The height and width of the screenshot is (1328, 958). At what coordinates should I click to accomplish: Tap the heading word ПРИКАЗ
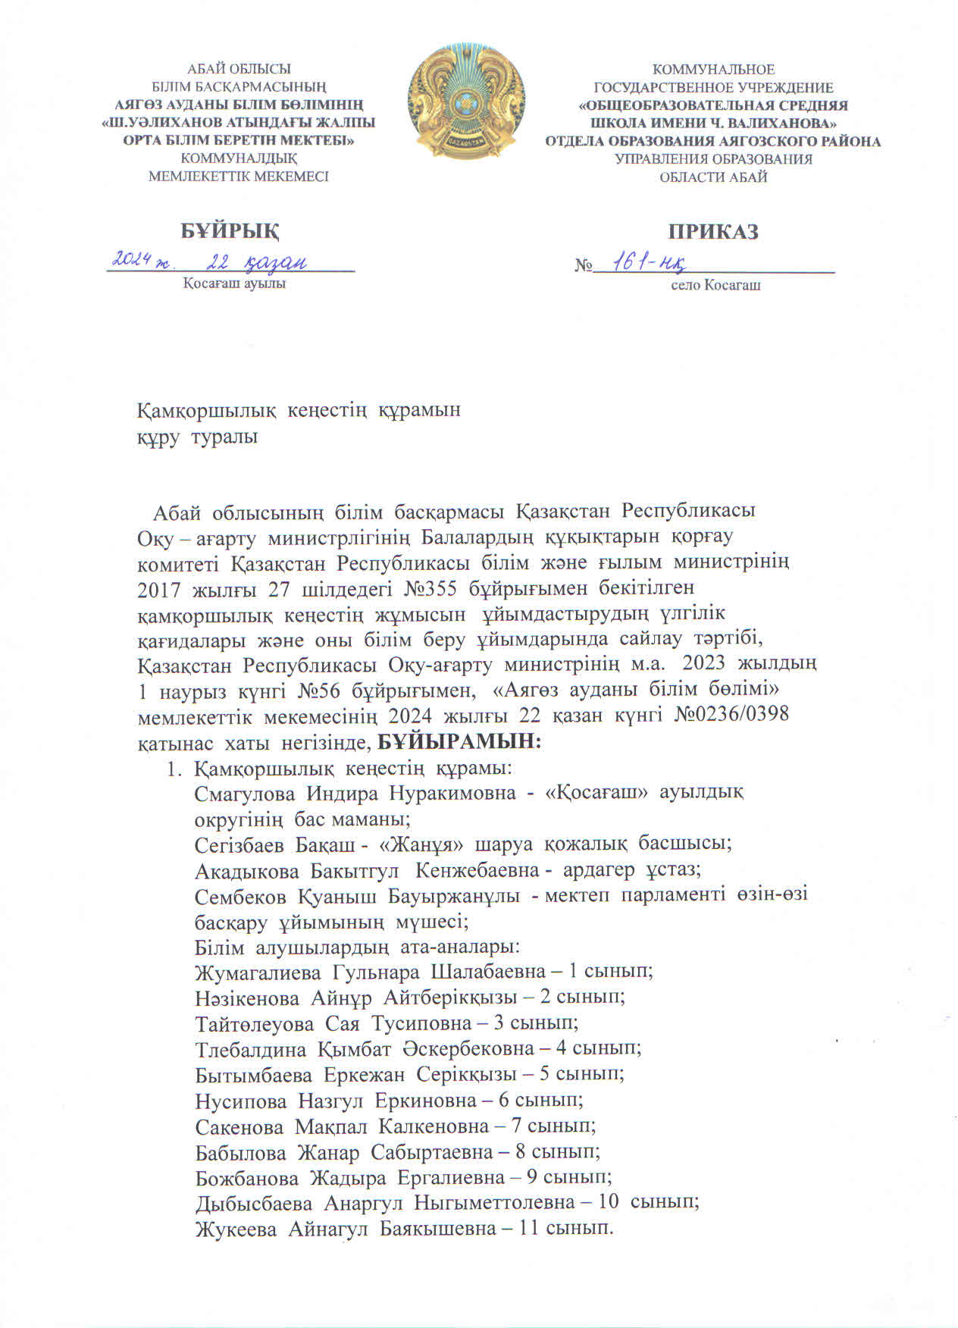[712, 231]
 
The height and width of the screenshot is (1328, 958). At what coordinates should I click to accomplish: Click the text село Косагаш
[715, 286]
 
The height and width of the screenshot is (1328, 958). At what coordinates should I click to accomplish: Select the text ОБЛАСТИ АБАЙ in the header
[713, 177]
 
